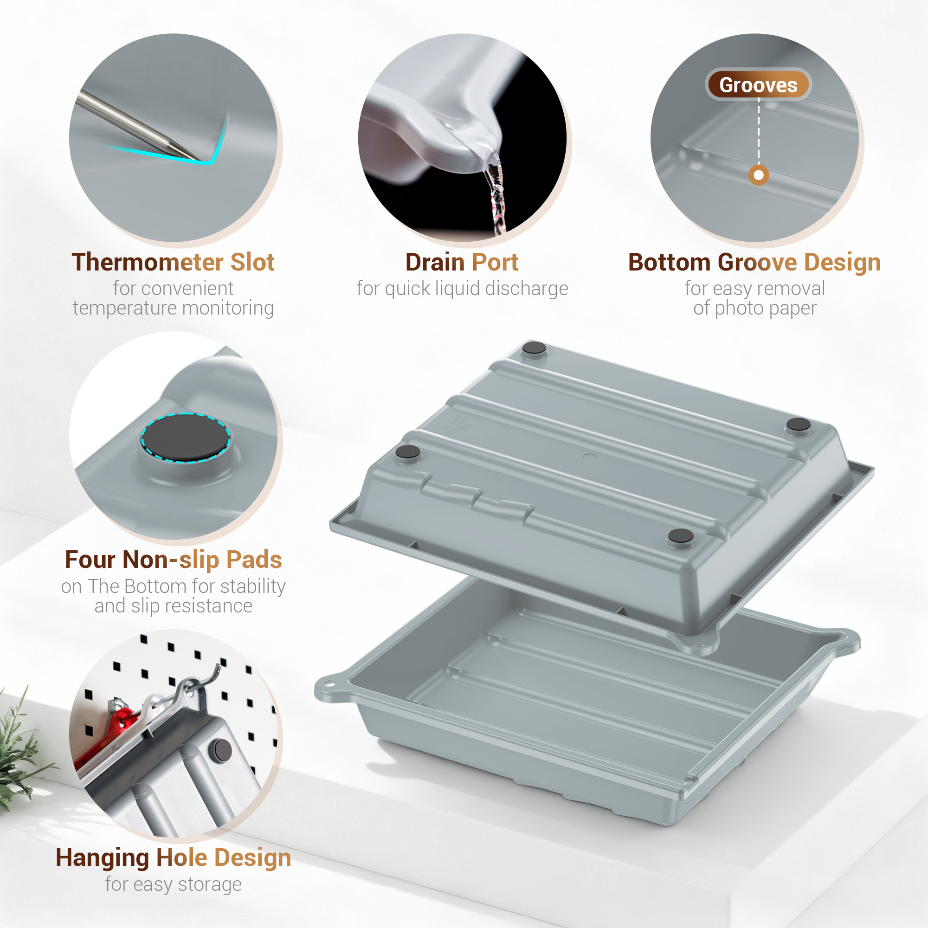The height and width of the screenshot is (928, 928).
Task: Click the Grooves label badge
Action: pos(758,85)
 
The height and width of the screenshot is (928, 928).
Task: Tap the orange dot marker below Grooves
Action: pos(759,175)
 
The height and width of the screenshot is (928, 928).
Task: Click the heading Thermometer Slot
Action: pos(173,262)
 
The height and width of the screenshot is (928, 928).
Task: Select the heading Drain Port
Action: pos(462,262)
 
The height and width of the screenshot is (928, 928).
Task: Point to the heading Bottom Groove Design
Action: pos(754,262)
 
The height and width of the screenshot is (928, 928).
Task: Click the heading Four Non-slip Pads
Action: pos(173,560)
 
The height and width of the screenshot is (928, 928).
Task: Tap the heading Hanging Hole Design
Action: pos(173,857)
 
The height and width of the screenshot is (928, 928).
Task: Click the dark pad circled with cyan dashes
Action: pos(186,437)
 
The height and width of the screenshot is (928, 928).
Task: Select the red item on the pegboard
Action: pos(110,730)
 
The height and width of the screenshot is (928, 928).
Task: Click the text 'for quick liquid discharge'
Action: pos(462,289)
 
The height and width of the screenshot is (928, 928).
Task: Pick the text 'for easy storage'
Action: pos(173,884)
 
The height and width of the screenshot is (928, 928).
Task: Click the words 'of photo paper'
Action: pos(754,308)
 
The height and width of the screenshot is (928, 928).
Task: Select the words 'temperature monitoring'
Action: pos(173,308)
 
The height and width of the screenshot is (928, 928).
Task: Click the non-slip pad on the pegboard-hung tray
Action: pos(222,750)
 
